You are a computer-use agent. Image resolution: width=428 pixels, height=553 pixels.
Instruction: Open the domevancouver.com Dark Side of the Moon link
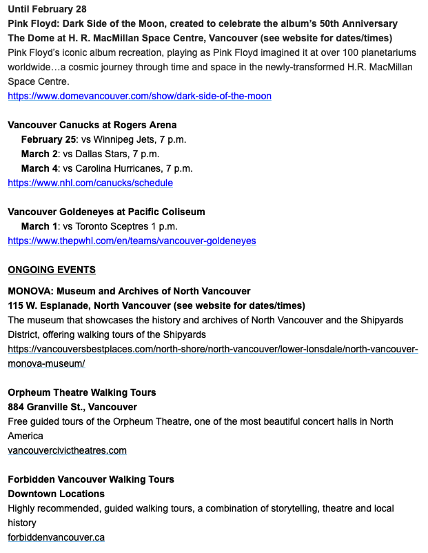(139, 96)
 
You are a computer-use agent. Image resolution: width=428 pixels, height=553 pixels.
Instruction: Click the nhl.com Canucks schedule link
(90, 183)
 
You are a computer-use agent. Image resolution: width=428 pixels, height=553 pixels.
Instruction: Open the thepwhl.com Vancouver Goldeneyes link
(132, 241)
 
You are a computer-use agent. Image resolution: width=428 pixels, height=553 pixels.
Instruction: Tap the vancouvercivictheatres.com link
(67, 450)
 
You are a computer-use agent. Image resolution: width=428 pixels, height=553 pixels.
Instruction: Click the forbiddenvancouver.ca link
(56, 537)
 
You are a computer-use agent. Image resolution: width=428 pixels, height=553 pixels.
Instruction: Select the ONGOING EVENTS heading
(52, 270)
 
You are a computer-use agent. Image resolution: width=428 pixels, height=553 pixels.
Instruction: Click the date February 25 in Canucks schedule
(50, 139)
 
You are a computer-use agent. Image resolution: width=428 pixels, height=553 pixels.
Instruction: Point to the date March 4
(39, 168)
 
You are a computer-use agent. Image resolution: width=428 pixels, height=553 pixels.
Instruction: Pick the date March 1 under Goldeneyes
(39, 226)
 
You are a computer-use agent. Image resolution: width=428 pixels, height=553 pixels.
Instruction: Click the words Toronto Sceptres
(114, 226)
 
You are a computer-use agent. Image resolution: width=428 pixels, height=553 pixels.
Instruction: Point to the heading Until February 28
(48, 9)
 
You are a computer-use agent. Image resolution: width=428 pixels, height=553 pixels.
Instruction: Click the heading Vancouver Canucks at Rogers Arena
(92, 125)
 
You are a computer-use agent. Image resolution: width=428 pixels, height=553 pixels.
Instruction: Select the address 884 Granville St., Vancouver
(72, 407)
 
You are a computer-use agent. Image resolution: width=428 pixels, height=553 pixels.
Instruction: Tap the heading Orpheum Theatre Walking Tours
(81, 392)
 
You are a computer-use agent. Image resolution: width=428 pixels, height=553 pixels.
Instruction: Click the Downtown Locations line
(56, 494)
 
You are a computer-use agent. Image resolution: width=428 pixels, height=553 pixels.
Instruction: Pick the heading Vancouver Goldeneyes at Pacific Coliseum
(106, 212)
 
